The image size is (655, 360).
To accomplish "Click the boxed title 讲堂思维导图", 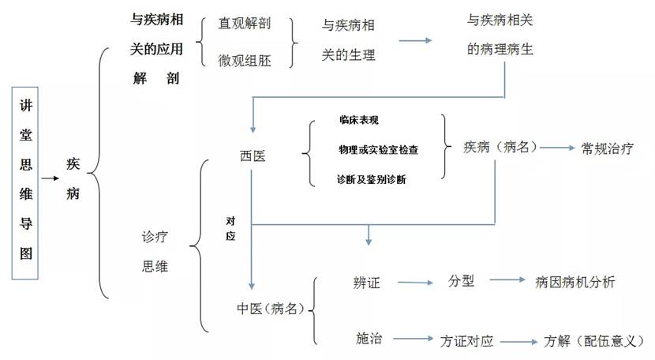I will click(25, 184).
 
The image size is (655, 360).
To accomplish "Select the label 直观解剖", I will click(245, 24).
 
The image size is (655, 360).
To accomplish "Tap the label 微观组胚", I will click(245, 60).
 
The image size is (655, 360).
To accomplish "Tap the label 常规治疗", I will click(608, 148).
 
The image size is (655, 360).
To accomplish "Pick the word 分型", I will click(462, 281).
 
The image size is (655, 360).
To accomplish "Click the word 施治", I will click(369, 339).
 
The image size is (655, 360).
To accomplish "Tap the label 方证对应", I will click(466, 341).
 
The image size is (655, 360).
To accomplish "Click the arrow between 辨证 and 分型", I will click(415, 282).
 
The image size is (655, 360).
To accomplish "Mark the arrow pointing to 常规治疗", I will click(560, 148).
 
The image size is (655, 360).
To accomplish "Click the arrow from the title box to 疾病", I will click(51, 178).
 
